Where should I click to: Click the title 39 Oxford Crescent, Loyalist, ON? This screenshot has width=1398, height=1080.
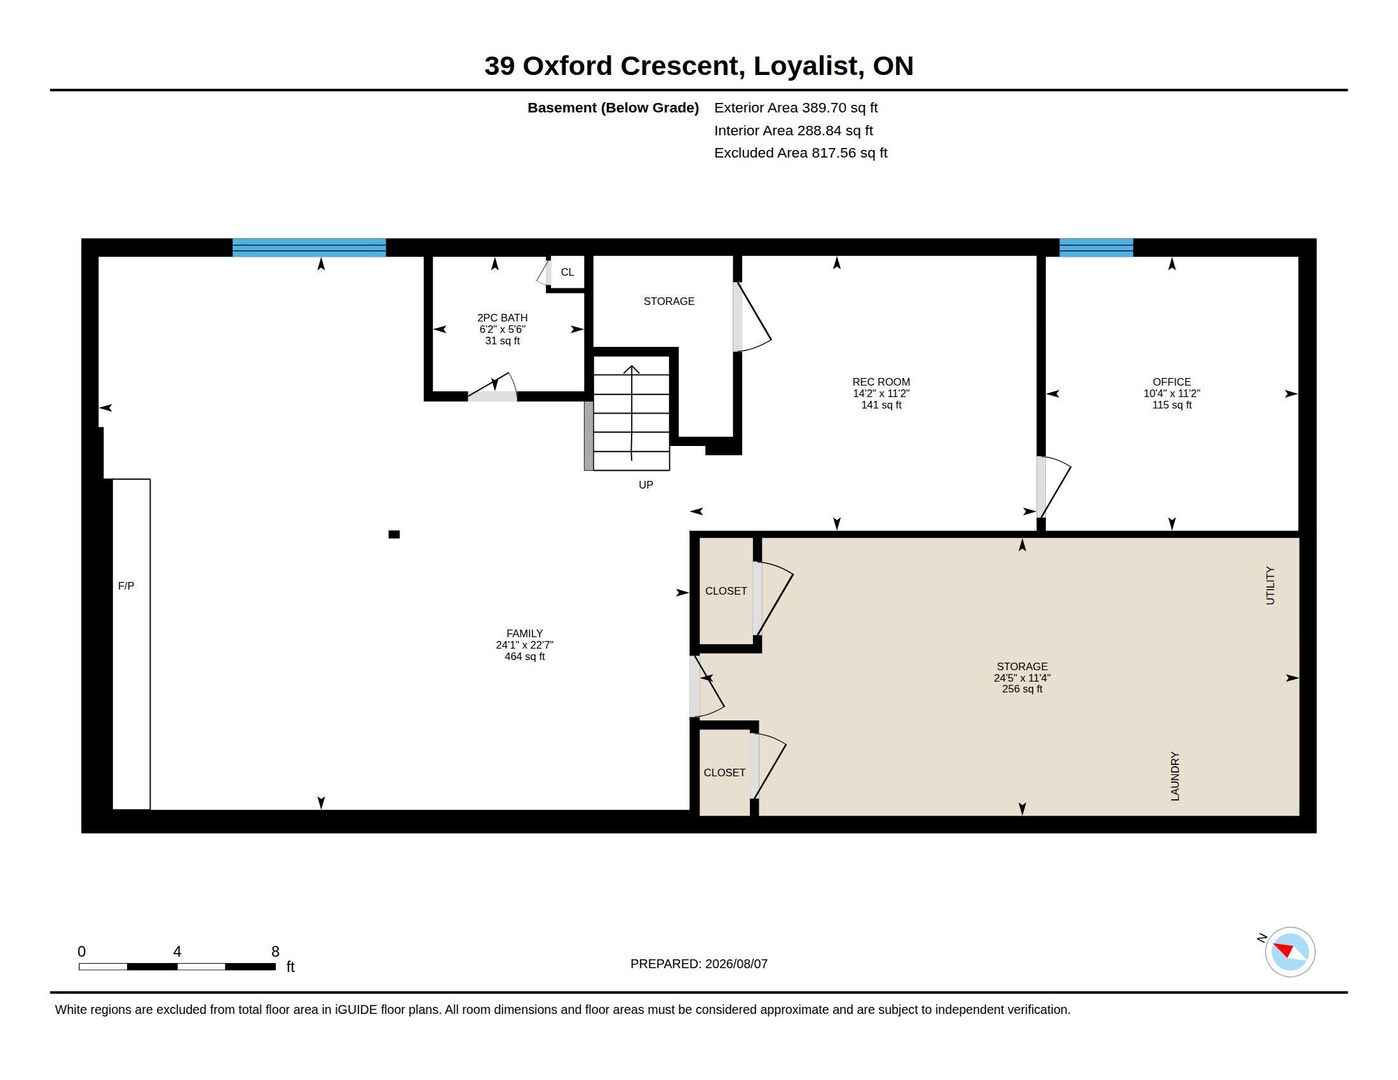click(x=698, y=66)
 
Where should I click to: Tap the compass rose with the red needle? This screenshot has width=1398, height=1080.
click(x=1290, y=952)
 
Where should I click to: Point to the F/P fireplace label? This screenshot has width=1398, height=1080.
click(x=126, y=586)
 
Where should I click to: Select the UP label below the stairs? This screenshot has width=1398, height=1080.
click(x=646, y=485)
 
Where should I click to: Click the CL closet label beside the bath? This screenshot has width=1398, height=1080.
click(x=567, y=272)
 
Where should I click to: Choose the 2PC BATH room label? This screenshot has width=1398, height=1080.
click(x=503, y=318)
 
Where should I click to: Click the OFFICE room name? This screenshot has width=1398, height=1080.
click(x=1172, y=381)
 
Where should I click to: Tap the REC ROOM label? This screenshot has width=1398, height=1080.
click(x=881, y=381)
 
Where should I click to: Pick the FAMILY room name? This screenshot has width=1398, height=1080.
click(x=524, y=633)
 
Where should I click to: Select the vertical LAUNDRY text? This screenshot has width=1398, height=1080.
click(x=1174, y=776)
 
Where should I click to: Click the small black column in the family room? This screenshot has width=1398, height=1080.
click(x=395, y=534)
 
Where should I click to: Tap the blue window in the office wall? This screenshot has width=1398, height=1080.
click(x=1096, y=248)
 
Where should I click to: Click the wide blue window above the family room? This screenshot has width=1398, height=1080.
click(x=309, y=248)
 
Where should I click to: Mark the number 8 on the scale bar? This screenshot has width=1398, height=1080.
click(x=275, y=952)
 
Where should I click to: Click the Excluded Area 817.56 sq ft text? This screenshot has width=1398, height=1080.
click(x=801, y=153)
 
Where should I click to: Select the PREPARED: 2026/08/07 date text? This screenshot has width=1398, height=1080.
click(x=699, y=964)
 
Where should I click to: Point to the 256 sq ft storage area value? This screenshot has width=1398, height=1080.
click(x=1022, y=689)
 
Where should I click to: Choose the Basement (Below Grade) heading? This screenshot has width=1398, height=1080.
click(x=613, y=107)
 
